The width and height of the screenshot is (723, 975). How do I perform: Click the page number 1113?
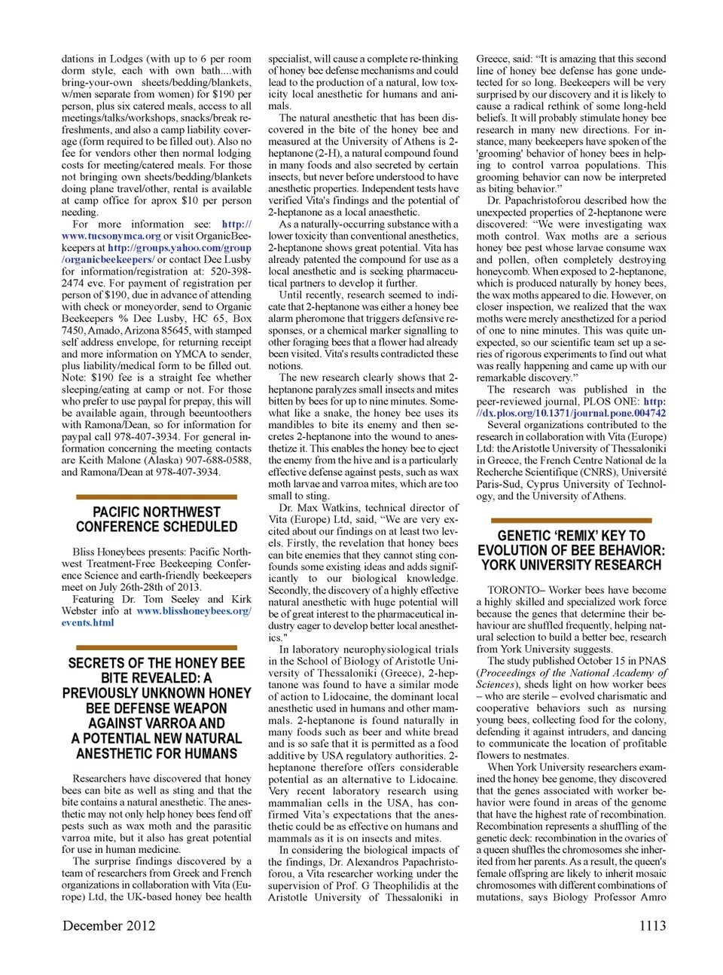(652, 925)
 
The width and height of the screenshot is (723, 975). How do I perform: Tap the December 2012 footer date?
(109, 925)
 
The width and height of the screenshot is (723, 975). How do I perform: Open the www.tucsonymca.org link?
(111, 236)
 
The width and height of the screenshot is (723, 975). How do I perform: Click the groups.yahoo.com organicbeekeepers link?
(179, 248)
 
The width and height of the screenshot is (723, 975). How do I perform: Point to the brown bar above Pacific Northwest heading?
(157, 497)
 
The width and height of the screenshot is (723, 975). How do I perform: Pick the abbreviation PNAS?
(652, 661)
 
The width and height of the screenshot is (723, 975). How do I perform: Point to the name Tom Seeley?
(175, 599)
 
